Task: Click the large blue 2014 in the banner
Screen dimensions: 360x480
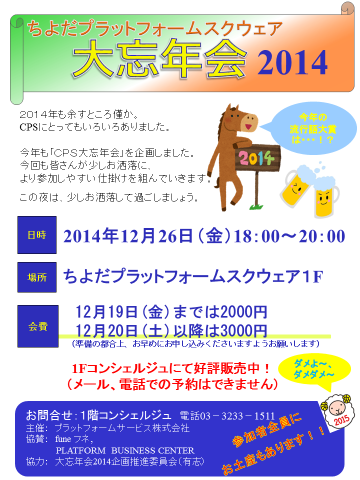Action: [292, 63]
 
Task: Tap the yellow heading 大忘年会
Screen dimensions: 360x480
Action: [160, 58]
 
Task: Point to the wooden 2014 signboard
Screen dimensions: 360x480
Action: [257, 158]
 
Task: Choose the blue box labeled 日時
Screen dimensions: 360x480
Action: [37, 235]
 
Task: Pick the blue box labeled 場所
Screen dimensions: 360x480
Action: [37, 277]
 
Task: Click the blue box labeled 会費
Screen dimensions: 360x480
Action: [38, 326]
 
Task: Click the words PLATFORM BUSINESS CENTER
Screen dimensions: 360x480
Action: [125, 450]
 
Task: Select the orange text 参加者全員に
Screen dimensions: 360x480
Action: [267, 430]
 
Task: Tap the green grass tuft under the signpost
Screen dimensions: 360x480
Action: [256, 206]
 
